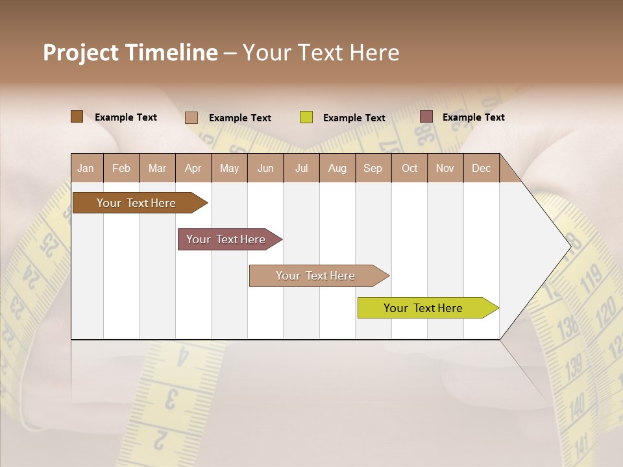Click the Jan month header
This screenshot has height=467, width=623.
pos(86,169)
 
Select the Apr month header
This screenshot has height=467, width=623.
pos(193,169)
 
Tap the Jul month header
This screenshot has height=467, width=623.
pos(301,169)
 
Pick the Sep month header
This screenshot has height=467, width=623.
pos(373,169)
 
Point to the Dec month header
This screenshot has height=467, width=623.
pos(481,169)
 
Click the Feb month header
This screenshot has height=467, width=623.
pos(121,169)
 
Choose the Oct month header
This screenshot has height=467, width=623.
pos(409,169)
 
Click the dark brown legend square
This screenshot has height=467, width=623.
pos(77,117)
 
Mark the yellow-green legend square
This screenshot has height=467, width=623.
pos(306,117)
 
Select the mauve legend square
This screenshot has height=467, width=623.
pos(426,117)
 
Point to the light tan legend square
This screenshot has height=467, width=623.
pos(191,117)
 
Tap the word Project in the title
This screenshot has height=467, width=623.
pos(80,53)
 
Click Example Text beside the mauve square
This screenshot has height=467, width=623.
pos(473,117)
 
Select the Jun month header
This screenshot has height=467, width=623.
pos(265,169)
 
